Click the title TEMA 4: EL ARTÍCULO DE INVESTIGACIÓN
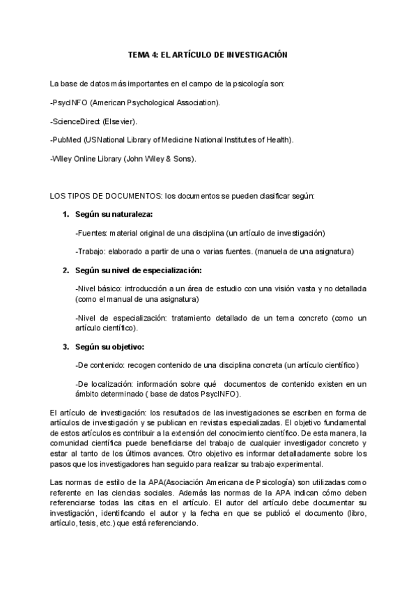pos(208,54)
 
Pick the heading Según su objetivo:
pos(109,346)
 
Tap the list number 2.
pos(65,270)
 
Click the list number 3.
pos(65,346)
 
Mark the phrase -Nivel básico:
pos(102,288)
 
